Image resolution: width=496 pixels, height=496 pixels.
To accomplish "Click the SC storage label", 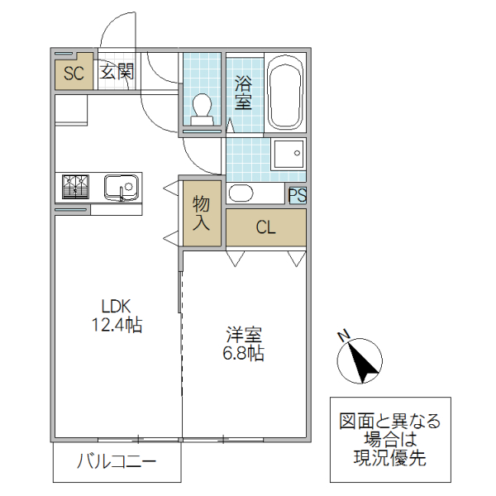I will tap(74, 73).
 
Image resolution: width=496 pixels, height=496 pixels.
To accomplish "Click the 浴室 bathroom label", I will tap(243, 93).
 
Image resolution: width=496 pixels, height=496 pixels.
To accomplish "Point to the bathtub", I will tap(286, 92).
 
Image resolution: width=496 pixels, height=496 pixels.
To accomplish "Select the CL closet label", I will tap(265, 227).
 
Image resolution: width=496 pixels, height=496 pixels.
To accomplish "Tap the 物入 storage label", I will tap(202, 212).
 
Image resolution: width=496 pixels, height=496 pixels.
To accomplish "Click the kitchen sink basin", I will tap(122, 188).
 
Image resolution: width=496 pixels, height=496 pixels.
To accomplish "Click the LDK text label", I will tap(116, 304).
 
